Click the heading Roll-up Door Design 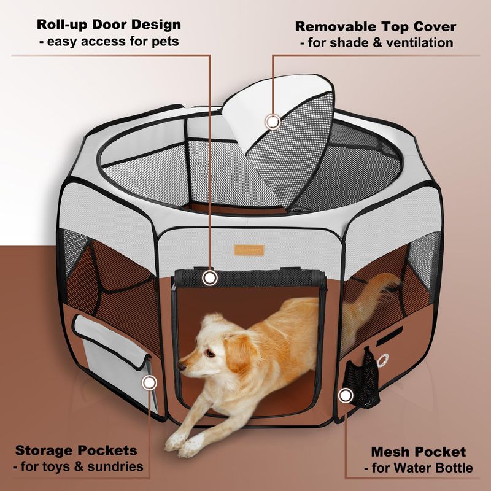coord(109,25)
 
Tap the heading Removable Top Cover coord(376,27)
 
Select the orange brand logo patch coord(249,250)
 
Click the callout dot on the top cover coord(273,121)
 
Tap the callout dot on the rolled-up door coord(211,278)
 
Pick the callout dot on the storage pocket coord(148,383)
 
